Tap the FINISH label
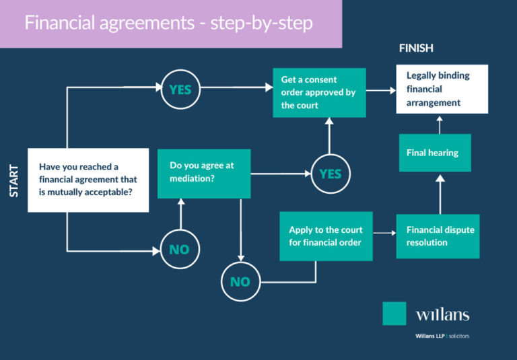tap(416, 48)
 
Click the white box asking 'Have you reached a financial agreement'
tap(88, 180)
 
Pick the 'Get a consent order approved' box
tap(319, 92)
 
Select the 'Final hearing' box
tap(435, 153)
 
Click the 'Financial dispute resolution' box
tap(438, 236)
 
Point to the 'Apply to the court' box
tap(326, 236)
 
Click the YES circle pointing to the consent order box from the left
tap(180, 89)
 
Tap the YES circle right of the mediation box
tap(330, 174)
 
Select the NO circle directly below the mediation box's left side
tap(179, 250)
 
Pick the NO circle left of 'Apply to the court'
tap(240, 282)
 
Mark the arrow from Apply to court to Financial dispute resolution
tap(384, 233)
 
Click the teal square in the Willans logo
tap(394, 313)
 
